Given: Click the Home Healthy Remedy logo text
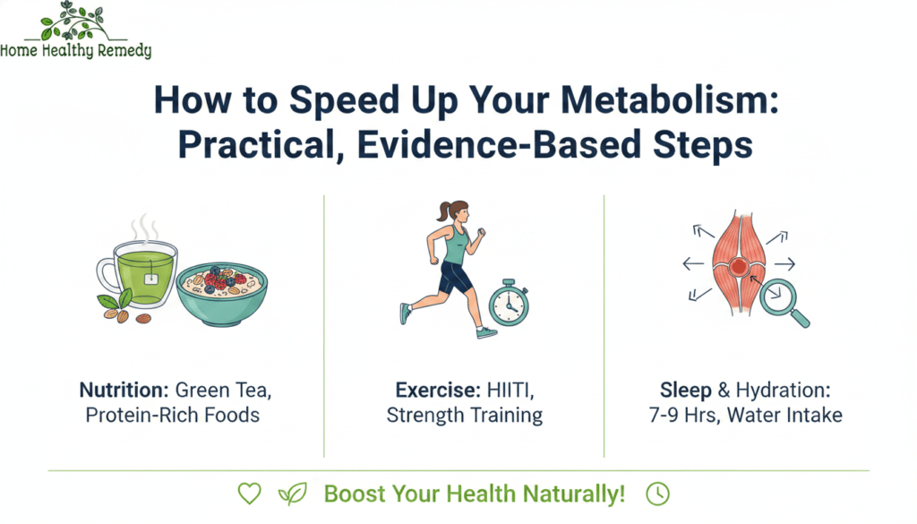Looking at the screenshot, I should pos(76,51).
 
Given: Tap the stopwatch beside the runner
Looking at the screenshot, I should pos(509,304).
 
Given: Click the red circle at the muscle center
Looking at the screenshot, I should pos(738,267).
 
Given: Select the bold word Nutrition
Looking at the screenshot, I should pos(115,391).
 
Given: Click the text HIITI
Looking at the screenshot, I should pos(504,391).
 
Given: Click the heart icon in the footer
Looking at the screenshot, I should pos(249,494).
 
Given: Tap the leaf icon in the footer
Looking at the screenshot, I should pos(292,494).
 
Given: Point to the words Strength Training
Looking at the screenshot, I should pos(464,416).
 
